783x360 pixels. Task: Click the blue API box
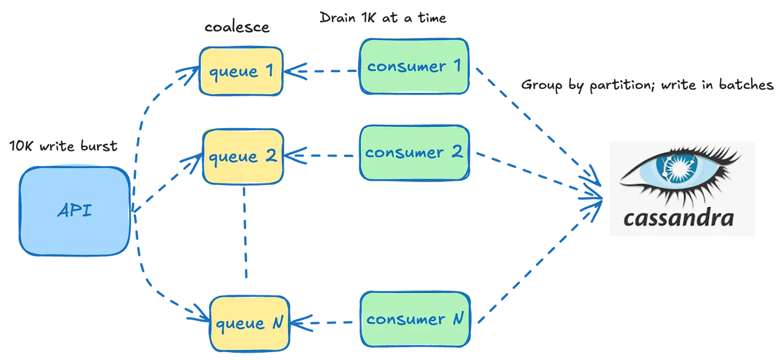[74, 211]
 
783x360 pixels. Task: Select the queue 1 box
[241, 71]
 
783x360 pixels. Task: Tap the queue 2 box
[243, 156]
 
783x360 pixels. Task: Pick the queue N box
[250, 323]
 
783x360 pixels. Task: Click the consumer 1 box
[414, 66]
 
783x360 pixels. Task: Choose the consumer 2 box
[414, 152]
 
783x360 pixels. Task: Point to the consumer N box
[414, 319]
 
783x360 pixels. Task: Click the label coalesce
[237, 27]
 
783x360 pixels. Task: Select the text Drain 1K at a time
[383, 17]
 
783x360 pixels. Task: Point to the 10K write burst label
[64, 146]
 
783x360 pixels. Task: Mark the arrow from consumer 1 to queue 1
[322, 71]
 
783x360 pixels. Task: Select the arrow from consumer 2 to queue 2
[322, 155]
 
